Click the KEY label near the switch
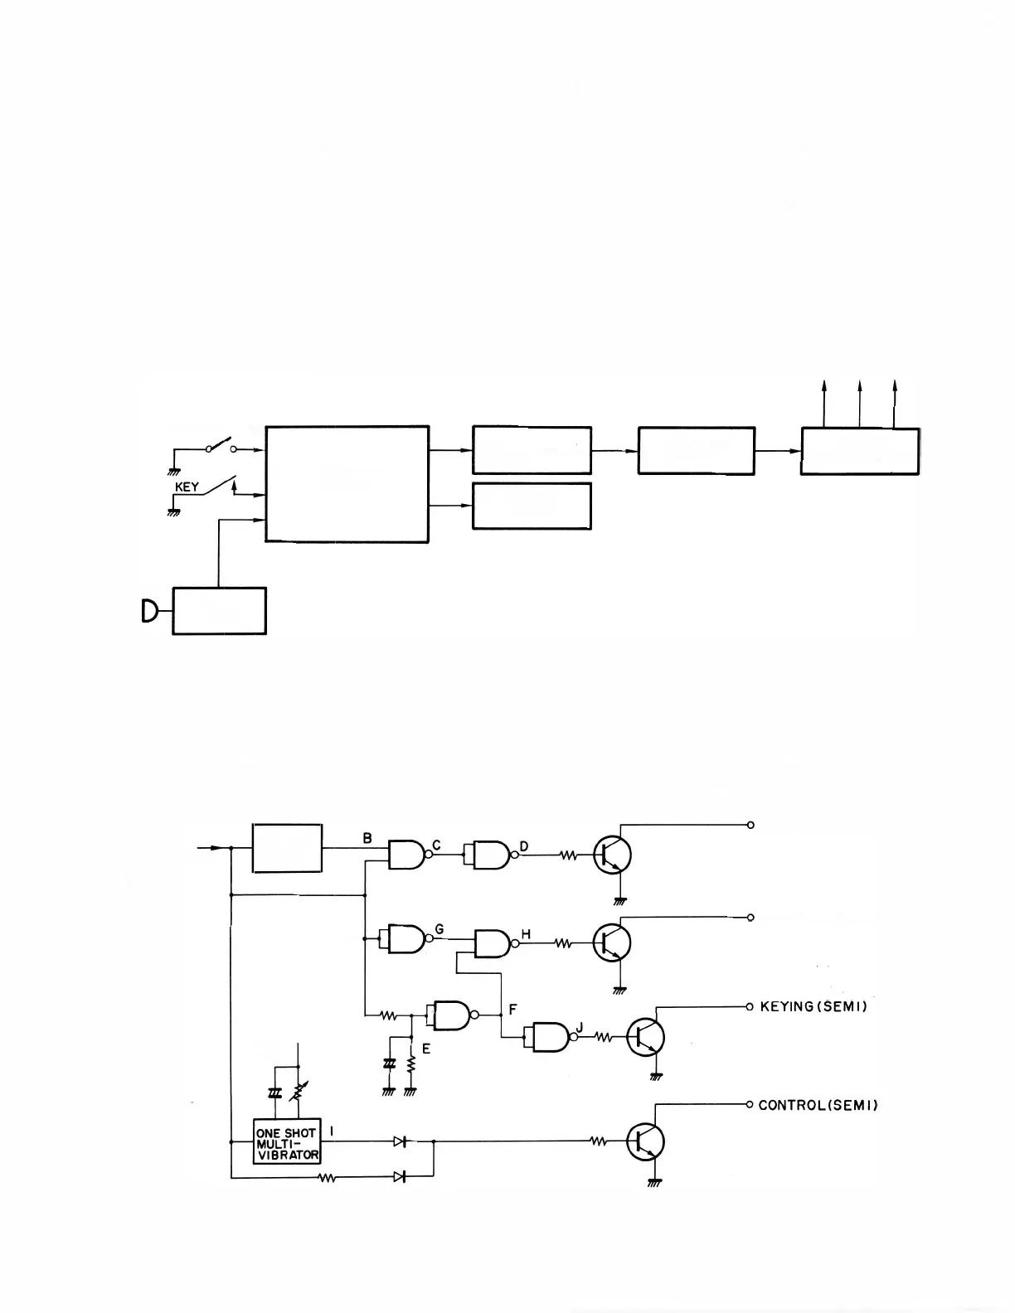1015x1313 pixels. click(187, 487)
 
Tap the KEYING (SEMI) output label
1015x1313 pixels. click(813, 1007)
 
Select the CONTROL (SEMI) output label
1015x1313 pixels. click(818, 1105)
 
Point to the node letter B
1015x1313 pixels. click(367, 838)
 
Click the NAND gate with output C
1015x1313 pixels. click(406, 854)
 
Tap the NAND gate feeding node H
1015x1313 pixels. click(493, 942)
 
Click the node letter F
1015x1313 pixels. click(513, 1010)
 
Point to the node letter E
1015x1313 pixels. click(426, 1049)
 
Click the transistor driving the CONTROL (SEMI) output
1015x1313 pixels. click(645, 1141)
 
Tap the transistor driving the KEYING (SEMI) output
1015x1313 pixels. click(645, 1036)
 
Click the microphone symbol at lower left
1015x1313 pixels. click(149, 612)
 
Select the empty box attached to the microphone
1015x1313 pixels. click(219, 611)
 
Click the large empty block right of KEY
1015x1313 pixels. click(347, 484)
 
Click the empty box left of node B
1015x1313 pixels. click(287, 848)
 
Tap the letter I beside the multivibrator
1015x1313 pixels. click(332, 1130)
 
